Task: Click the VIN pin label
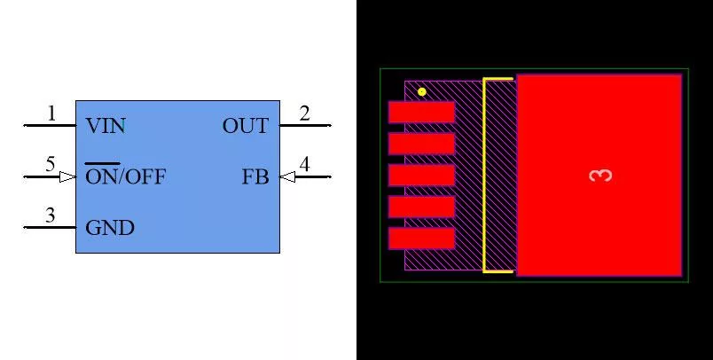click(x=105, y=126)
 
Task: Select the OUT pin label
click(x=246, y=126)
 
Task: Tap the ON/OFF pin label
click(x=126, y=176)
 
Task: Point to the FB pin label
click(x=255, y=176)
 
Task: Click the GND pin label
click(x=110, y=228)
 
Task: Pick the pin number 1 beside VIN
click(x=51, y=113)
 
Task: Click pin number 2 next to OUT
click(x=305, y=113)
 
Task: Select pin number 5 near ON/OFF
click(x=51, y=164)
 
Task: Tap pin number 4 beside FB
click(x=305, y=164)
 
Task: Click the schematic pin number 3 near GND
click(x=51, y=215)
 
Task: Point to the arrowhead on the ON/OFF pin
click(x=68, y=176)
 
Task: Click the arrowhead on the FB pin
click(x=287, y=176)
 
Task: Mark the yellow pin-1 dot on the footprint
click(x=422, y=92)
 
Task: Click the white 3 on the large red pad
click(x=600, y=176)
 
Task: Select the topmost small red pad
click(x=421, y=113)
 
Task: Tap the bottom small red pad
click(x=421, y=239)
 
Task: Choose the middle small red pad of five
click(x=421, y=176)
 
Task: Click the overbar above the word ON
click(x=103, y=163)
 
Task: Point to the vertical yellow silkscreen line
click(x=485, y=176)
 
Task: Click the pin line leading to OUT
click(x=306, y=125)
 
